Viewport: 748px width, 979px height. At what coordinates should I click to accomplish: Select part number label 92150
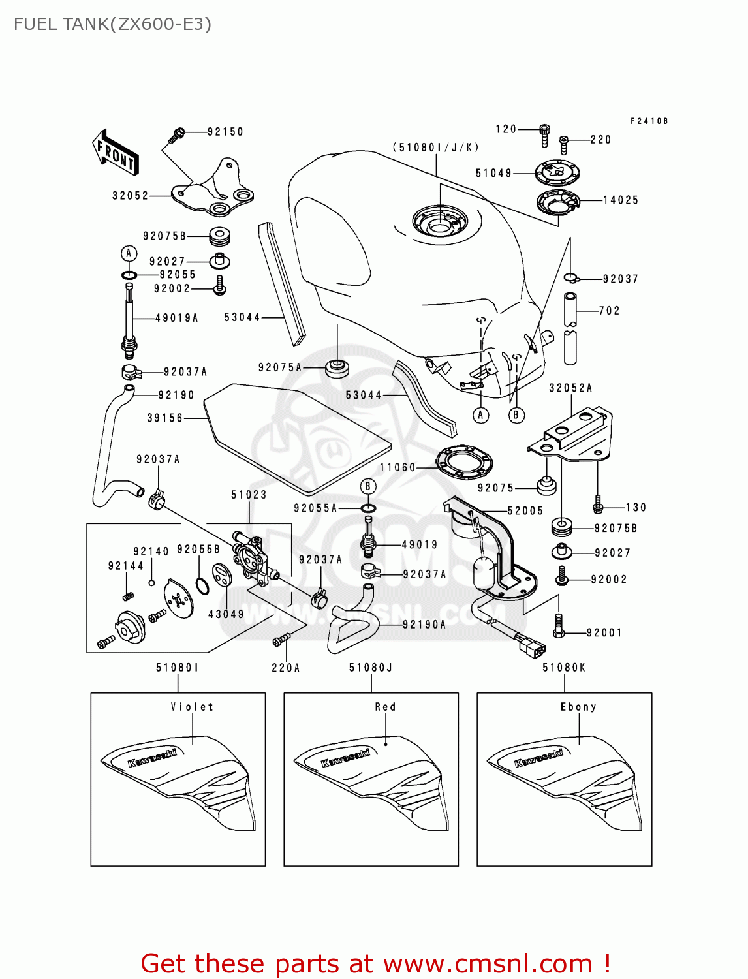(225, 132)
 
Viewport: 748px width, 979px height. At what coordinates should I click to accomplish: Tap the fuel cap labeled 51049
(557, 173)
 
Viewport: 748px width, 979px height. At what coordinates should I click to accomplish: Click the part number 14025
(620, 200)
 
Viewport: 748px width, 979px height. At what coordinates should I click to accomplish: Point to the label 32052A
(570, 388)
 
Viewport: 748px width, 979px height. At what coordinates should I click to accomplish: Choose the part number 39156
(164, 418)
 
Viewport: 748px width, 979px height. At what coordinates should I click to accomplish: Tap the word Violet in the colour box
(192, 707)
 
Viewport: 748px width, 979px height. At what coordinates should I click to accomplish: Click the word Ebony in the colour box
(578, 707)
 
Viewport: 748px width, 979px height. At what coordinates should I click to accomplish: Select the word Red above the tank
(385, 707)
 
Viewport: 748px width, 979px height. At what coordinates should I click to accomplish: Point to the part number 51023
(249, 495)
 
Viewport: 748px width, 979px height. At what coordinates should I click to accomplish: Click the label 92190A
(424, 625)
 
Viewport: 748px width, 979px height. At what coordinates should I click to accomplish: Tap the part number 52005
(525, 511)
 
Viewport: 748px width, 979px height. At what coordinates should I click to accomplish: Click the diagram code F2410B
(649, 121)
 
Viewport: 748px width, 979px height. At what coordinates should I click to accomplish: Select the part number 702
(609, 311)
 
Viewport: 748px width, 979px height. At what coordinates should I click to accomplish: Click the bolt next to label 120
(544, 134)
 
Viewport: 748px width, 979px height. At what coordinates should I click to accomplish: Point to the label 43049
(226, 614)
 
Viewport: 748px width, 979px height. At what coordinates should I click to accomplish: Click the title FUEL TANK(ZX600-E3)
(112, 24)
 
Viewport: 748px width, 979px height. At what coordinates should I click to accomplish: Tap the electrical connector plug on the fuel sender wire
(533, 646)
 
